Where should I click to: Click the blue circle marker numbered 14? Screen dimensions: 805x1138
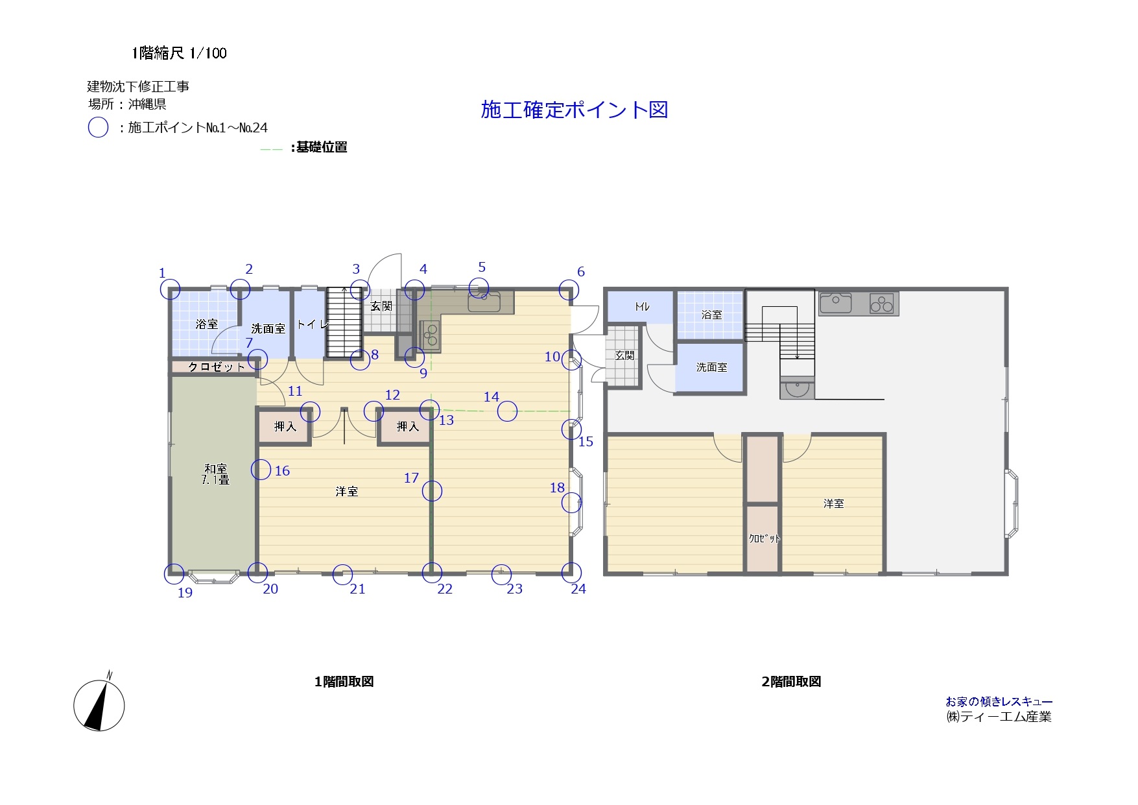click(x=508, y=411)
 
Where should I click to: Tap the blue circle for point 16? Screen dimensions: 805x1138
click(x=261, y=469)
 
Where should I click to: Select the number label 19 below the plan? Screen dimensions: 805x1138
click(x=185, y=593)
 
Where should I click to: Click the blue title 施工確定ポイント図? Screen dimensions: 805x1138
click(x=574, y=110)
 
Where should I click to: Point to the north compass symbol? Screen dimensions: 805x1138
click(x=99, y=705)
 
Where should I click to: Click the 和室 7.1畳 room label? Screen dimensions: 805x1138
click(x=215, y=474)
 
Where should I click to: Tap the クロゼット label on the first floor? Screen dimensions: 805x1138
click(x=217, y=367)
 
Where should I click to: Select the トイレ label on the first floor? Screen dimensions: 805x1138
click(x=313, y=324)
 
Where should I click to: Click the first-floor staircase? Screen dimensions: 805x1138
click(x=343, y=322)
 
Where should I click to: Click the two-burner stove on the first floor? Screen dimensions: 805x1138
click(x=431, y=336)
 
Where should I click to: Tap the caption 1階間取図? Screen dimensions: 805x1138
click(x=344, y=682)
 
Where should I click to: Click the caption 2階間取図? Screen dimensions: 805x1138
click(x=791, y=682)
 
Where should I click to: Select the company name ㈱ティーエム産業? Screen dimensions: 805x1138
click(x=999, y=717)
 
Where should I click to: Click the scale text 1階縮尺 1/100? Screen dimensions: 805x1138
click(x=179, y=53)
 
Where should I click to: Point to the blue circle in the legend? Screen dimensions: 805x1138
click(x=98, y=127)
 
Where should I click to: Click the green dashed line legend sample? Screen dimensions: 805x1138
click(x=271, y=149)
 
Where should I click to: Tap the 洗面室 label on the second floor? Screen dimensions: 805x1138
click(x=711, y=367)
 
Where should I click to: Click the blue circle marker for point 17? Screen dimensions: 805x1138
click(x=432, y=491)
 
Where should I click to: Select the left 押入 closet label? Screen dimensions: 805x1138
click(x=285, y=426)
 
